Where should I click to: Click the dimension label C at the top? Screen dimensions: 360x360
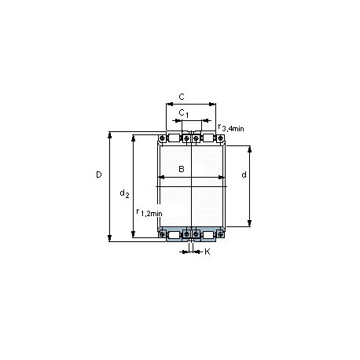[x=182, y=97]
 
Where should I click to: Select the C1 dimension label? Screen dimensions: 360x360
[x=183, y=113]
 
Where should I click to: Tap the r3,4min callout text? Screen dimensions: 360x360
[x=231, y=128]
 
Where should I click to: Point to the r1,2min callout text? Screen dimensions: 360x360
[x=149, y=212]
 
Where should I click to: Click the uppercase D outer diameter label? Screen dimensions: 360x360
[x=99, y=174]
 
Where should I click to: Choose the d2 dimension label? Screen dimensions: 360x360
[x=124, y=193]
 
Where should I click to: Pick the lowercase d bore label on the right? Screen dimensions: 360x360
[x=244, y=174]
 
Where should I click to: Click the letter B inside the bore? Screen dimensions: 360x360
[x=182, y=169]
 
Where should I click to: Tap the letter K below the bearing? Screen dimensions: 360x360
[x=207, y=252]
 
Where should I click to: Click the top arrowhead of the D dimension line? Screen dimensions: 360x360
[x=109, y=135]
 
